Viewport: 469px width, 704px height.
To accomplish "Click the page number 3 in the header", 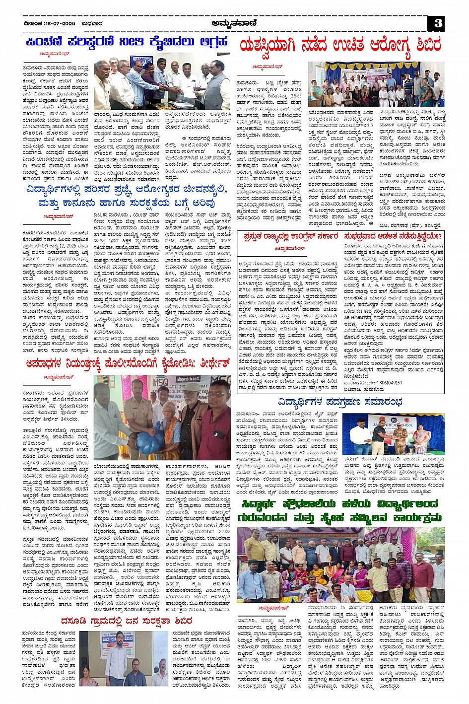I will tap(438, 23).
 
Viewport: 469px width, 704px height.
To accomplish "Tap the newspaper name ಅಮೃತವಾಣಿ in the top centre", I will tap(233, 23).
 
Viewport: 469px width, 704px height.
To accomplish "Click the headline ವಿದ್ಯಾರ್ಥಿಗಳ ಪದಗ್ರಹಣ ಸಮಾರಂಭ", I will tap(339, 402).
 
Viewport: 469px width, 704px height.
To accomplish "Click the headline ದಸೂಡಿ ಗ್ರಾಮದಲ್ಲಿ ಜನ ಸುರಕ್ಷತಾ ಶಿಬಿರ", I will tap(127, 621).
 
